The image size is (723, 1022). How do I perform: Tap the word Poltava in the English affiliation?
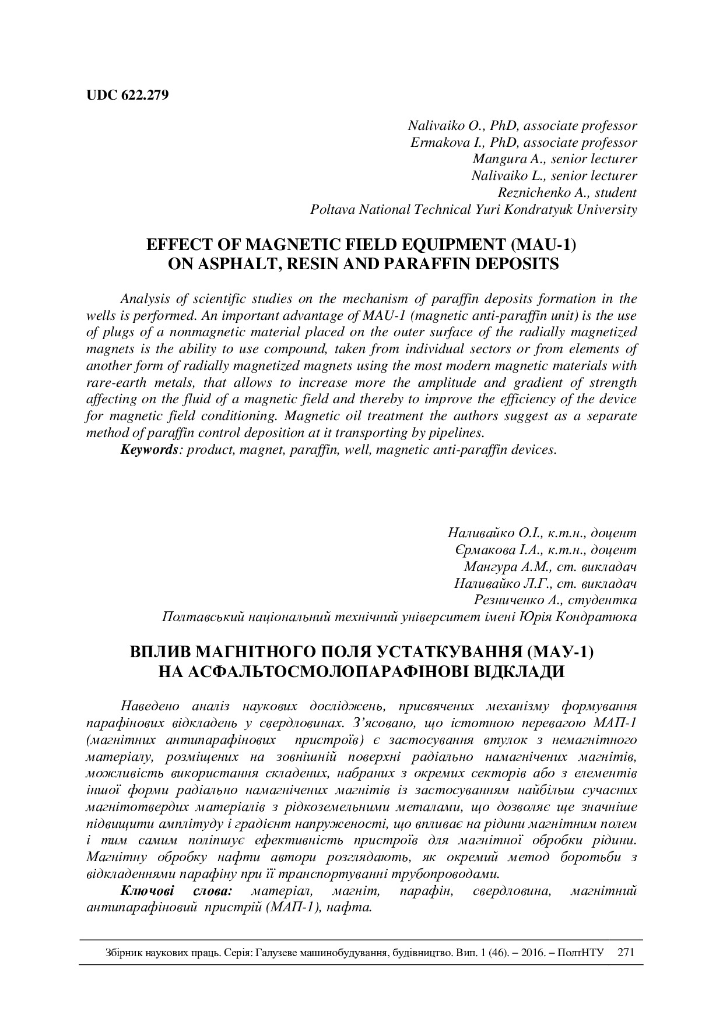(x=332, y=210)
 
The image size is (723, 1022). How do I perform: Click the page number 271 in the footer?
(x=625, y=953)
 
